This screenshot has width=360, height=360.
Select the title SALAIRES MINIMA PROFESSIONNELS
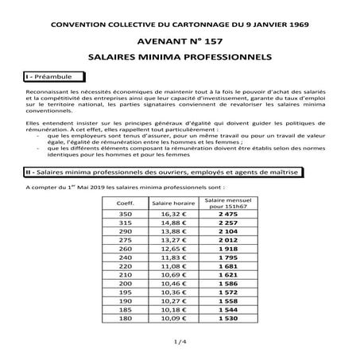click(x=179, y=57)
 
